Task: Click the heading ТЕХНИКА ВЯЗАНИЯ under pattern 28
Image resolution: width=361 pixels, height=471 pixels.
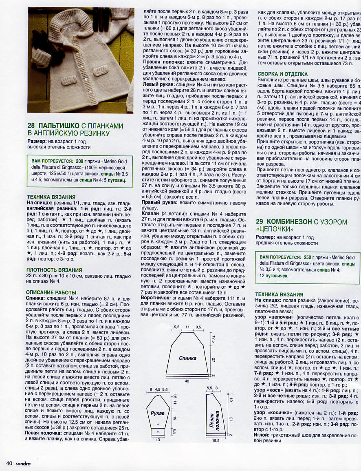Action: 51,197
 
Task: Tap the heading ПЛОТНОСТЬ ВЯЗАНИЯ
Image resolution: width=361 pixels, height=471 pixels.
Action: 54,270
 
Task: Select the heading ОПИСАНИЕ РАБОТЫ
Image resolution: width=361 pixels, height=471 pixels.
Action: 51,292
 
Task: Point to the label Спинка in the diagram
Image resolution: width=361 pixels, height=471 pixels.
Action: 188,358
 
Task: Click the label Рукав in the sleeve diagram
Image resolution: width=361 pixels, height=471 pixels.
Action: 157,413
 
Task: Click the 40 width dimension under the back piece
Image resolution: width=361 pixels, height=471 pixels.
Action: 187,381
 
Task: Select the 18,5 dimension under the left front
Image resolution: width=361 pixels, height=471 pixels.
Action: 216,440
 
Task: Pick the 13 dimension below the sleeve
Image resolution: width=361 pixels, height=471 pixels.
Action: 157,440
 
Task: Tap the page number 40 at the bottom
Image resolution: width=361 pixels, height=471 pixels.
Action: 9,463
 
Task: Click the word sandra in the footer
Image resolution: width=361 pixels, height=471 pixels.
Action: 23,463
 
